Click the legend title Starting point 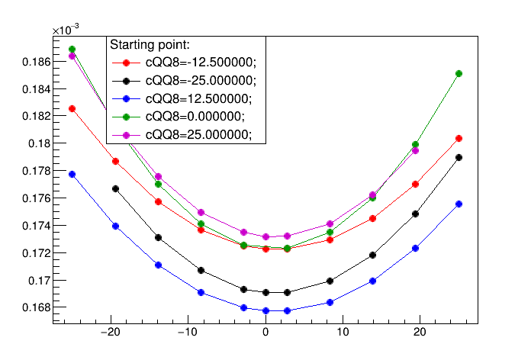(x=150, y=45)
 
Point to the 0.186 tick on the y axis (x=36, y=62)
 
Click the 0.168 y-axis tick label (x=36, y=307)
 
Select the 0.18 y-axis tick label (x=40, y=143)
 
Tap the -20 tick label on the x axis (x=111, y=332)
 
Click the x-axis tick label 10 (x=343, y=332)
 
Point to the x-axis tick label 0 (x=265, y=332)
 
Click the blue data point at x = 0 (x=265, y=310)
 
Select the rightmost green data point (x=459, y=73)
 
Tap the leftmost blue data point (x=72, y=175)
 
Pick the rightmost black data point (x=459, y=157)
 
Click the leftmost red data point (x=72, y=109)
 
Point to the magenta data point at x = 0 (x=265, y=236)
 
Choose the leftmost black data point (x=115, y=188)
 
